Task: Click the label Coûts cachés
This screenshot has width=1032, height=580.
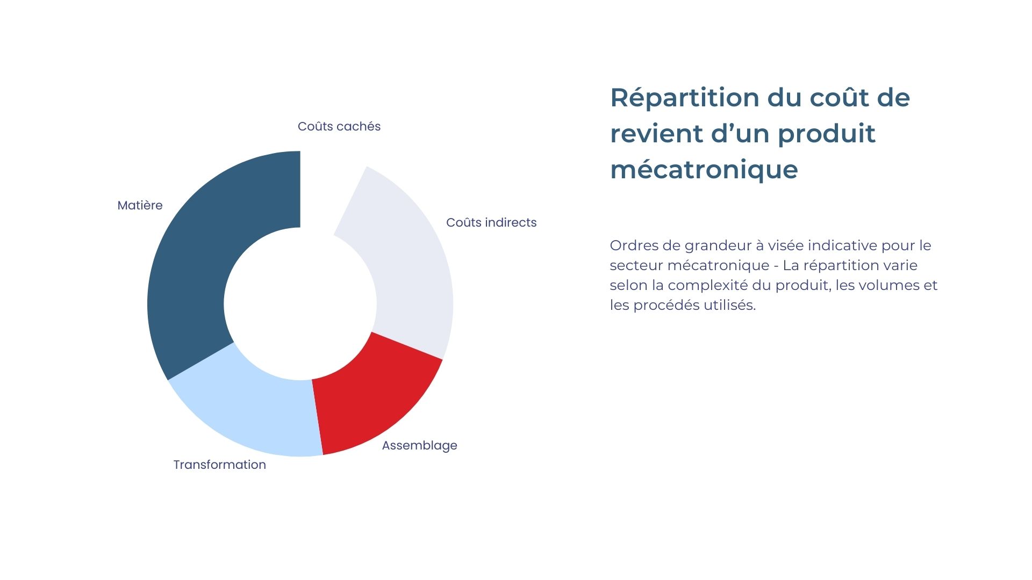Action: pos(339,127)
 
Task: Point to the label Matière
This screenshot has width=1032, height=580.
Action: pos(140,206)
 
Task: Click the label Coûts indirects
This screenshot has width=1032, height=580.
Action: pos(491,223)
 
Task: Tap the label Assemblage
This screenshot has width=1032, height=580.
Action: pos(419,446)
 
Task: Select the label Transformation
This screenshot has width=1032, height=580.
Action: pos(219,465)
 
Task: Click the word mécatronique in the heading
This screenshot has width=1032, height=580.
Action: pos(704,170)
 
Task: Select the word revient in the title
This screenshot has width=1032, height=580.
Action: pos(656,134)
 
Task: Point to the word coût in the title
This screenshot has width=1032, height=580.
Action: pos(839,98)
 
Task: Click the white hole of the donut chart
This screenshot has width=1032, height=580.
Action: pos(300,304)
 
